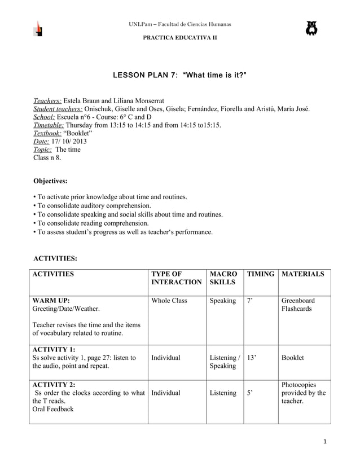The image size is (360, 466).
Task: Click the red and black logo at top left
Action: pos(38,29)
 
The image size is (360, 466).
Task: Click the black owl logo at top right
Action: pos(311,28)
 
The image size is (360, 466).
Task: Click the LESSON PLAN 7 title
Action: pos(180,75)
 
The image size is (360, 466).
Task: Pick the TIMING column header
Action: pos(260,274)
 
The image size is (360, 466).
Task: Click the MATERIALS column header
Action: pos(302,274)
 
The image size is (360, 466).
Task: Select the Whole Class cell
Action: pos(169,301)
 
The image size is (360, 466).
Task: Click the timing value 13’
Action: pos(252,358)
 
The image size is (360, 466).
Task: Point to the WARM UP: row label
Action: pos(51,301)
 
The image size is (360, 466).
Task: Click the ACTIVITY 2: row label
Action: pos(54,384)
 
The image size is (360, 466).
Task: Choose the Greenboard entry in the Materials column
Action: pos(298,301)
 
